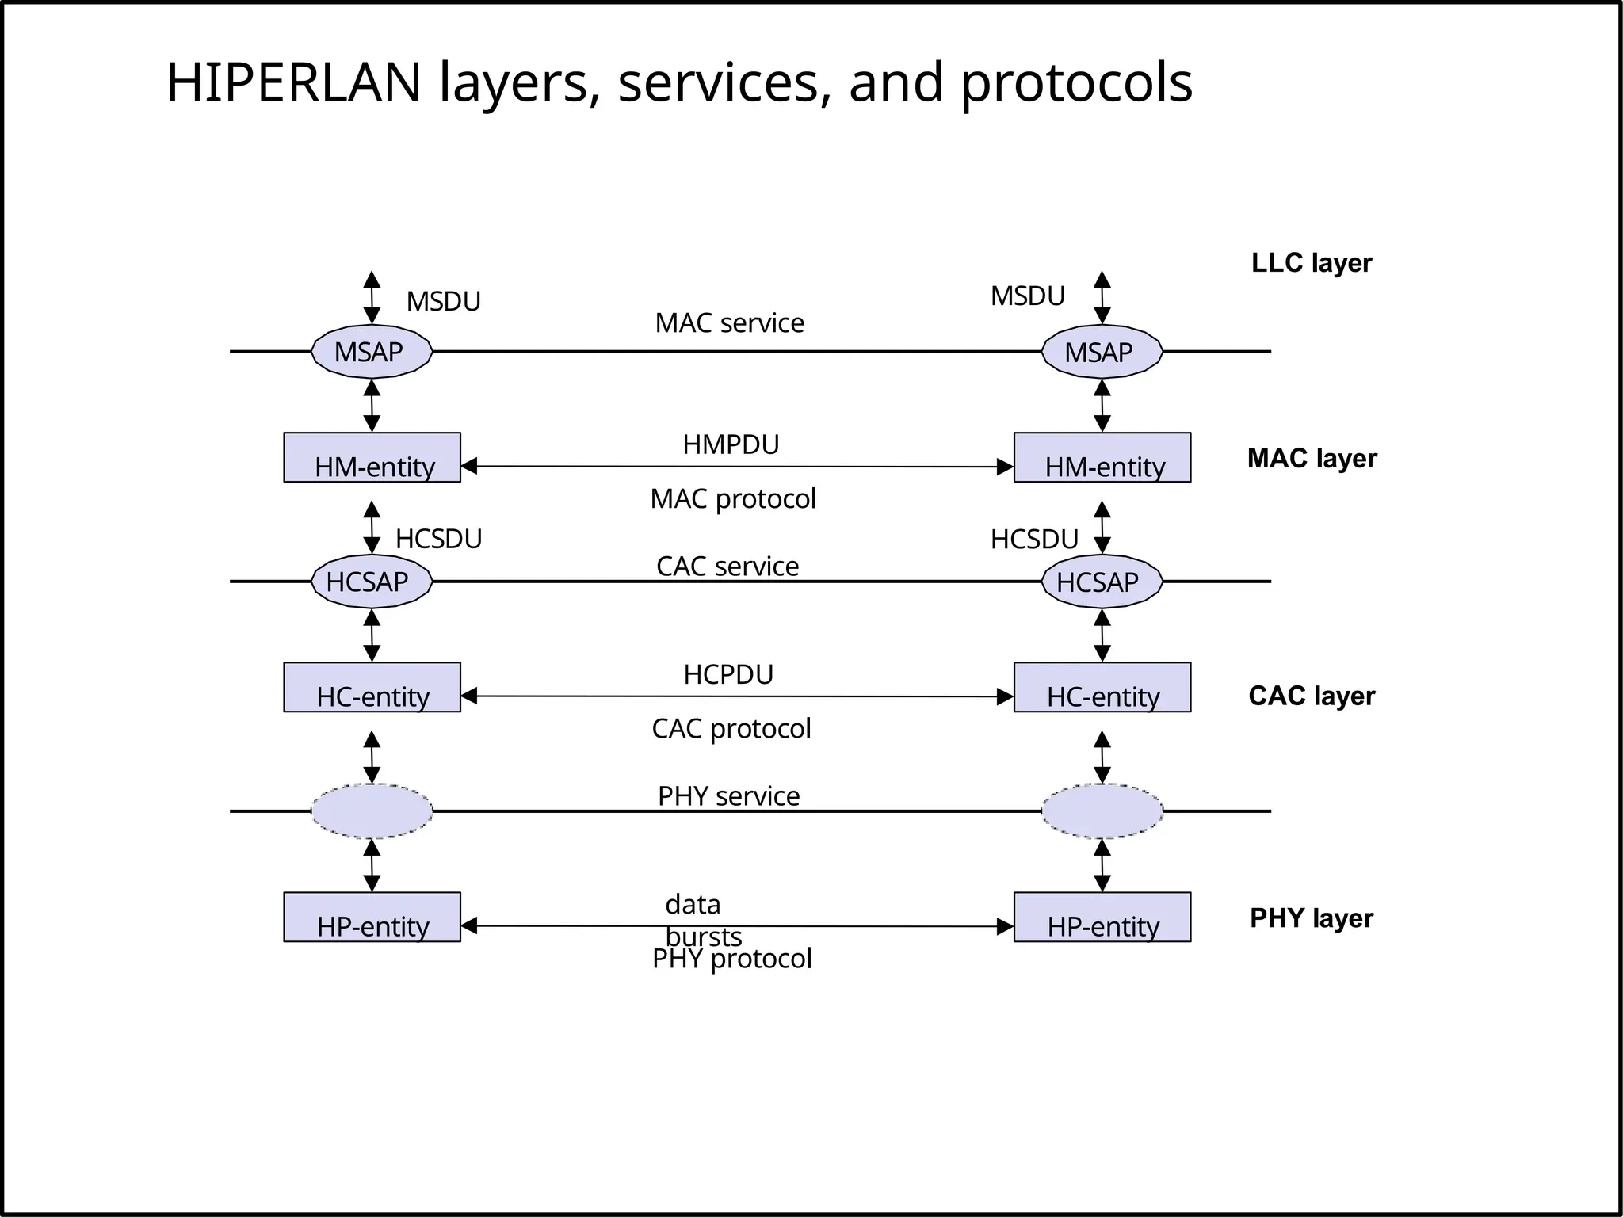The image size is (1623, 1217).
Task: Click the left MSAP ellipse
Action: click(x=371, y=351)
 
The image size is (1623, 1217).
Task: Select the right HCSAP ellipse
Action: click(x=1101, y=582)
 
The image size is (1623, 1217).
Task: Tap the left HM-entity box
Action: click(x=372, y=457)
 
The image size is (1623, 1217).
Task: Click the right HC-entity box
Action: click(x=1102, y=687)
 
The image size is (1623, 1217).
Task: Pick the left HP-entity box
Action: click(x=372, y=917)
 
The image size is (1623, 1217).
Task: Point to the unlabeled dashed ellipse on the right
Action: click(x=1102, y=811)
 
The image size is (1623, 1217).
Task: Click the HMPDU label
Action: click(x=731, y=444)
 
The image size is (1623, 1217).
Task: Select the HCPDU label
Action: click(x=728, y=674)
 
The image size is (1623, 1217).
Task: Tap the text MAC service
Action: click(x=729, y=323)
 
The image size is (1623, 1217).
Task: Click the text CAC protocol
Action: click(x=731, y=728)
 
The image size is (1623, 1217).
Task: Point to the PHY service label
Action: click(x=728, y=795)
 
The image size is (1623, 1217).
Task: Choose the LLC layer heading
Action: click(x=1311, y=262)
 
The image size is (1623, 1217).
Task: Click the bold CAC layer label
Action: click(x=1311, y=696)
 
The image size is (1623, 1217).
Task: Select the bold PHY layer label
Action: click(x=1311, y=918)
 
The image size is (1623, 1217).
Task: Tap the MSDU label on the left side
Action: click(x=443, y=301)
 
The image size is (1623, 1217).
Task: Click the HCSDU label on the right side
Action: click(x=1034, y=540)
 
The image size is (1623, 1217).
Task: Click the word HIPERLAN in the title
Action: click(x=293, y=82)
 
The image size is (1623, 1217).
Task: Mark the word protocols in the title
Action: click(x=1076, y=82)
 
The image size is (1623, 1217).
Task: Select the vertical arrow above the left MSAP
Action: click(x=372, y=297)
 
